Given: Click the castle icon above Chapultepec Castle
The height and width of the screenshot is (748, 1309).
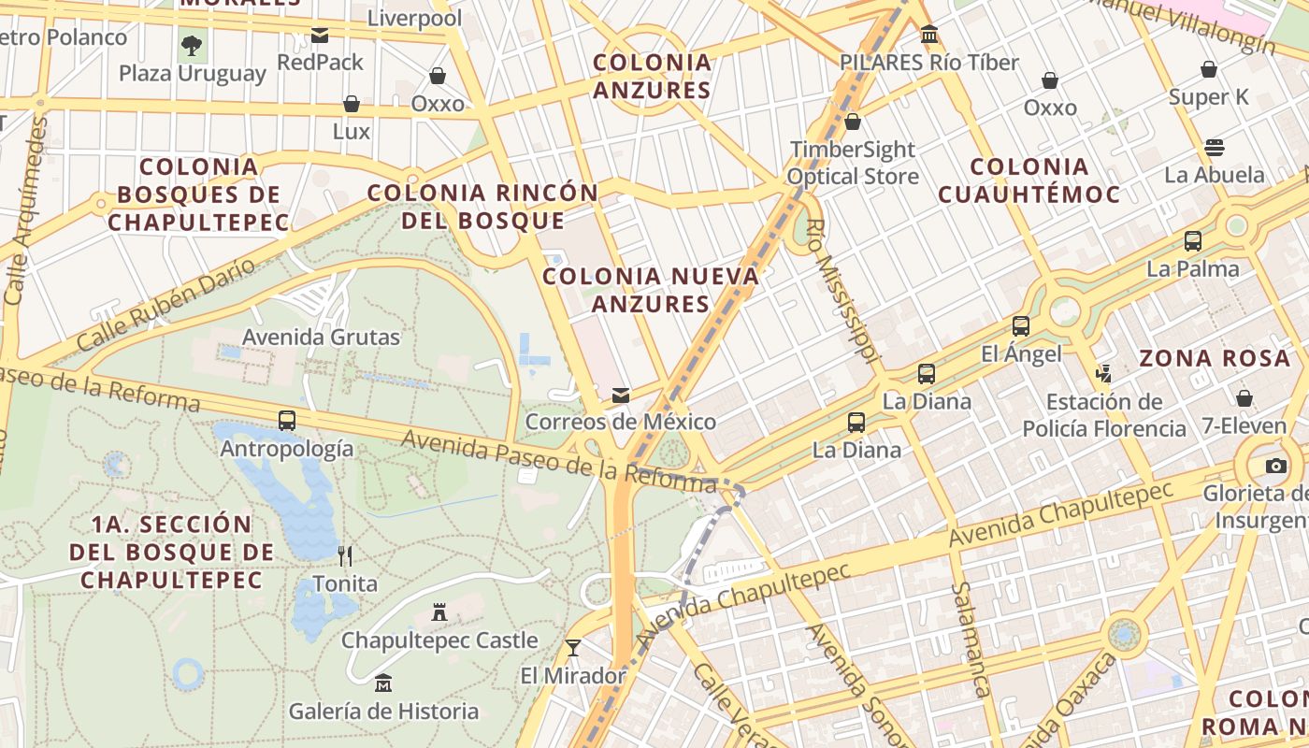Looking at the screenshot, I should (439, 613).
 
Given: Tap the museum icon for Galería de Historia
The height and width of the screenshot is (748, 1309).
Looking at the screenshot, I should (383, 683).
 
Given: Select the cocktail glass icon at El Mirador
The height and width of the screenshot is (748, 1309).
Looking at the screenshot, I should (572, 647).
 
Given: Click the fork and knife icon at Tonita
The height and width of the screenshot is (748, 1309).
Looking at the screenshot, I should (345, 556).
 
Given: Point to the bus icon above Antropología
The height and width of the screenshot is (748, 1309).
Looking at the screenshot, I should (287, 421).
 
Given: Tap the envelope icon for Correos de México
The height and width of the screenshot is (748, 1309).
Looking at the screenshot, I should (620, 396).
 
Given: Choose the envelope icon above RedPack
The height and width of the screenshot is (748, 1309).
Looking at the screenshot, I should (320, 36).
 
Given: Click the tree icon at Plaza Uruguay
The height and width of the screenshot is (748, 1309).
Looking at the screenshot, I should (192, 45).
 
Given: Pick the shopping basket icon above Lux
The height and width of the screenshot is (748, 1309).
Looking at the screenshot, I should (352, 104).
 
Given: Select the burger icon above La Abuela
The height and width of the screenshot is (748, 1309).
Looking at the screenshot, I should (1215, 148).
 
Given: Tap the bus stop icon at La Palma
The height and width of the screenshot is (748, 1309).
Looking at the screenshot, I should (1193, 241).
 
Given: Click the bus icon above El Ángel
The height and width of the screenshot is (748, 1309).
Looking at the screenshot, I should (1021, 326).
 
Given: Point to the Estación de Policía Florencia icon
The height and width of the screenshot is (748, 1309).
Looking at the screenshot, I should (1104, 374).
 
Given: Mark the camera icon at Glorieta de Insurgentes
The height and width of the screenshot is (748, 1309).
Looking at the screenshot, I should (1275, 466).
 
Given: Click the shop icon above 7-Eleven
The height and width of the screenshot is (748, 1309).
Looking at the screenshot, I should (1244, 398).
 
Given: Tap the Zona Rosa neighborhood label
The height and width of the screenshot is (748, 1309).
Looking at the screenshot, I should (1214, 358).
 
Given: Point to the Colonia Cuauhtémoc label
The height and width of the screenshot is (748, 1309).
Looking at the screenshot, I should (1028, 180).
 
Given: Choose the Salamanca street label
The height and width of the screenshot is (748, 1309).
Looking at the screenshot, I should (970, 640).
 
